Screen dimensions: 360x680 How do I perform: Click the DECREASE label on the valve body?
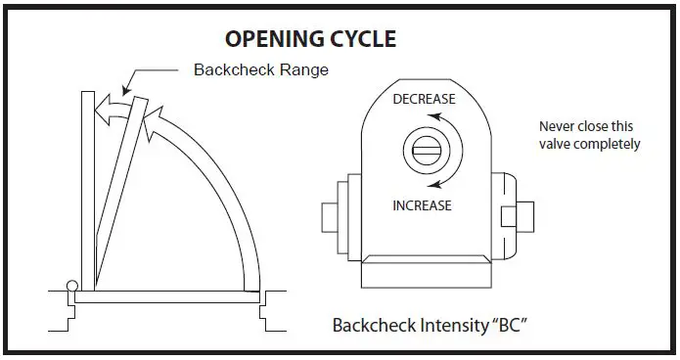pyautogui.click(x=423, y=100)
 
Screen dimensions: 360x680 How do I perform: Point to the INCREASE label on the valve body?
pyautogui.click(x=422, y=205)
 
